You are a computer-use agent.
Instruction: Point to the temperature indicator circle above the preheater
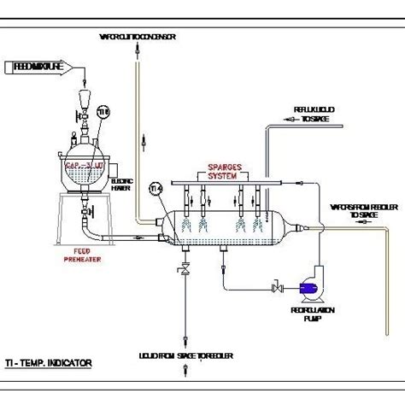tap(102, 112)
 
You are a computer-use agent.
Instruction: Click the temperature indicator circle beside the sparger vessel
tap(156, 188)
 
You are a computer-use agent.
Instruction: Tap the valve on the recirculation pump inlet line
tap(275, 290)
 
